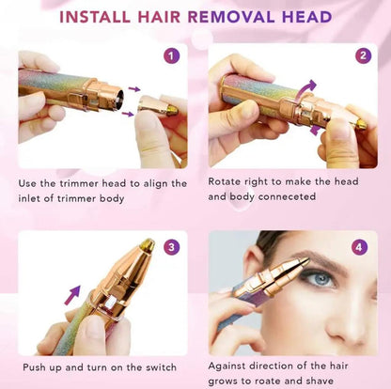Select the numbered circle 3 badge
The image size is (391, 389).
[x=171, y=248]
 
